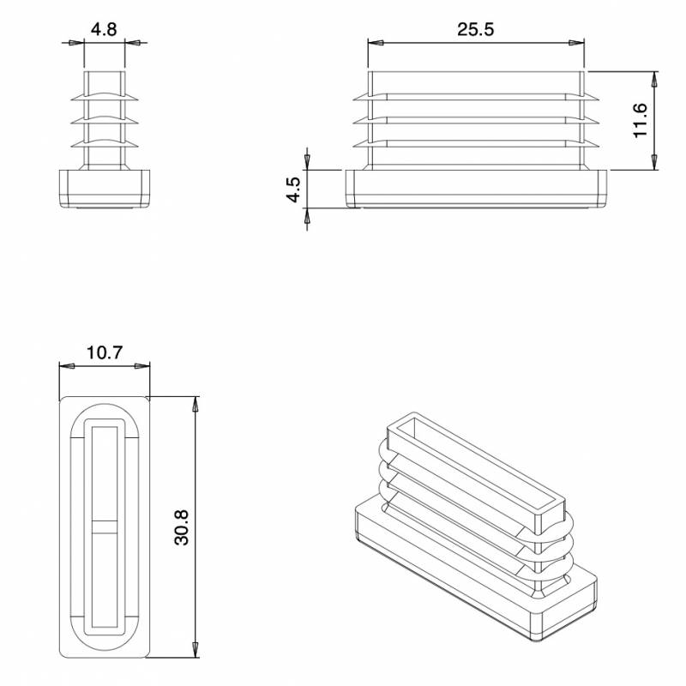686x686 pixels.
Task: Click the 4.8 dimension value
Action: [x=104, y=29]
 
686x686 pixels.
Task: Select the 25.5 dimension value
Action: [x=475, y=29]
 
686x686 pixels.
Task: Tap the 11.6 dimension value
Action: [x=640, y=120]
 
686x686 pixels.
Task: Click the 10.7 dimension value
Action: [x=104, y=352]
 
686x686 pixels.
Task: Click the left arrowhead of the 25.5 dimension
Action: [x=373, y=42]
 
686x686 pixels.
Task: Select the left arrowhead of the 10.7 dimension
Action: [x=64, y=366]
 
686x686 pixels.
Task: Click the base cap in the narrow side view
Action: [x=104, y=188]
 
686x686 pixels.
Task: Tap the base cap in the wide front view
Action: [x=477, y=188]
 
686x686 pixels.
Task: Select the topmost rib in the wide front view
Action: [x=477, y=94]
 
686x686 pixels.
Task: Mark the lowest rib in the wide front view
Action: [x=477, y=143]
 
